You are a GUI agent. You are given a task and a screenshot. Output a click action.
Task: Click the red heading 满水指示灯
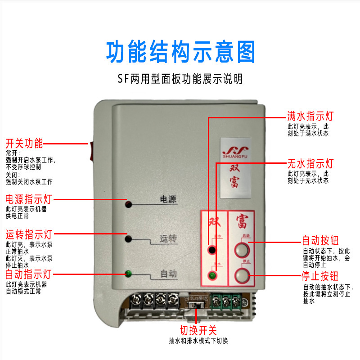click(310, 115)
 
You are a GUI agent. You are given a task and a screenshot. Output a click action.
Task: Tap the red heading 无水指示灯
click(310, 163)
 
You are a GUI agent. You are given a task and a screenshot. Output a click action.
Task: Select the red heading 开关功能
click(24, 144)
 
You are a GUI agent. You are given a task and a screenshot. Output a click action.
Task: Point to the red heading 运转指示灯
click(29, 234)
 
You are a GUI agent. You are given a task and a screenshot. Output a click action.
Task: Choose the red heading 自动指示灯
click(29, 274)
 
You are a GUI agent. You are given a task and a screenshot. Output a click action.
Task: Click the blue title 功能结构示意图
click(180, 52)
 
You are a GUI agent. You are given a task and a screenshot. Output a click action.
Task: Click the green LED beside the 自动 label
click(129, 274)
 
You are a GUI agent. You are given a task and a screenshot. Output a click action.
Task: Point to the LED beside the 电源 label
click(129, 205)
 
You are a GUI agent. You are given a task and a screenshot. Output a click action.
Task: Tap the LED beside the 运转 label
click(129, 239)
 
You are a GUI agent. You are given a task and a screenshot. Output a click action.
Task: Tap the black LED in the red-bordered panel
click(211, 250)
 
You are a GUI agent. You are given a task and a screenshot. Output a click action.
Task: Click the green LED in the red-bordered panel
click(211, 275)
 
